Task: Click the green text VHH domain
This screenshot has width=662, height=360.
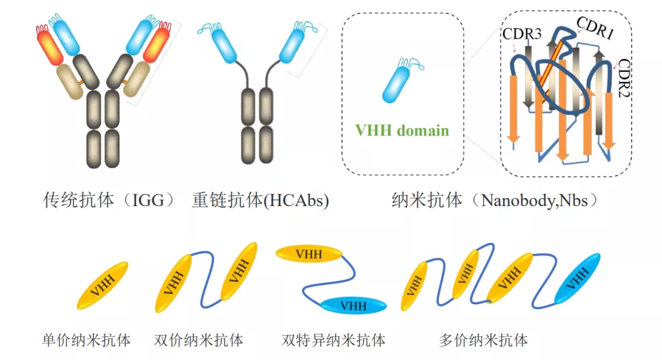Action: [402, 130]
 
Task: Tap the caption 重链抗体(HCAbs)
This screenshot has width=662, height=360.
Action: [261, 200]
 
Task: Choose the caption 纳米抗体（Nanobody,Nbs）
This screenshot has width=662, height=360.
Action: [495, 200]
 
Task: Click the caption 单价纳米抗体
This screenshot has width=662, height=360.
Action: [86, 340]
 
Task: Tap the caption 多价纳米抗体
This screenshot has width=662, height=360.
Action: [484, 340]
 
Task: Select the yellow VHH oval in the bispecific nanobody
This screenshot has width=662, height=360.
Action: [310, 253]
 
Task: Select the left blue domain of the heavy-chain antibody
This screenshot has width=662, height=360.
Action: [223, 44]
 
